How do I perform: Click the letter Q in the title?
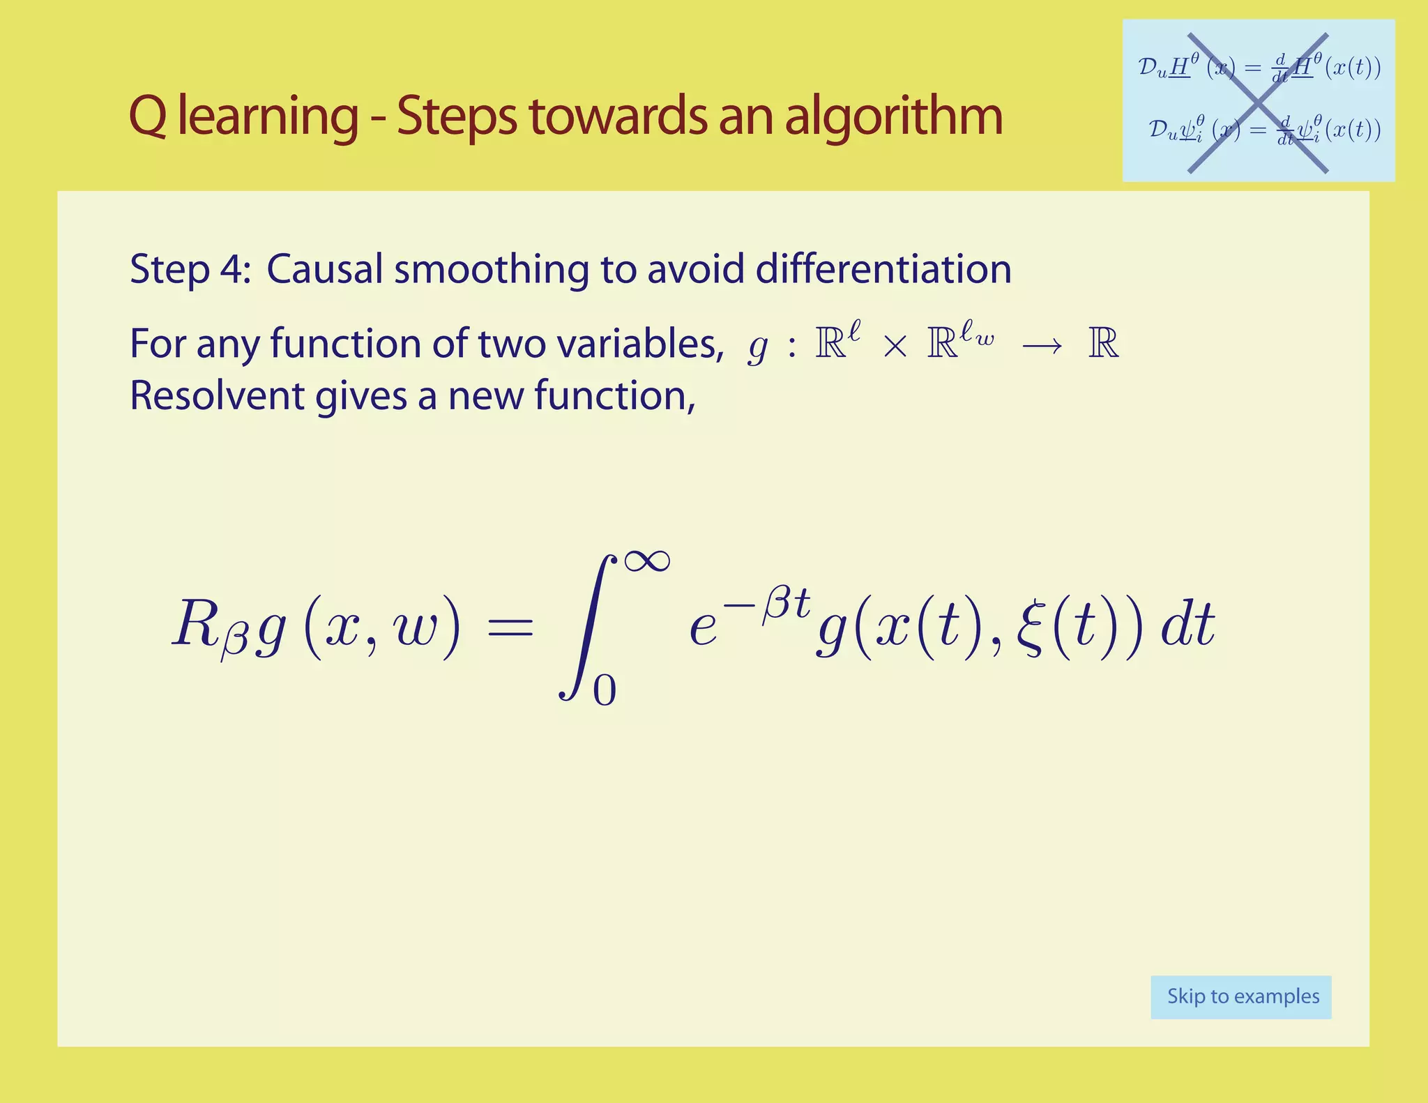(x=149, y=117)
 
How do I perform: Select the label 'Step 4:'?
(x=190, y=269)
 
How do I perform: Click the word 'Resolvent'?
(x=217, y=396)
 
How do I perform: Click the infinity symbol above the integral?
(x=647, y=561)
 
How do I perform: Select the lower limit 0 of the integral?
(x=605, y=690)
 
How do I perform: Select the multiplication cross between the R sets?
(x=895, y=347)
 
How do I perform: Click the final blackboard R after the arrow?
(x=1103, y=344)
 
